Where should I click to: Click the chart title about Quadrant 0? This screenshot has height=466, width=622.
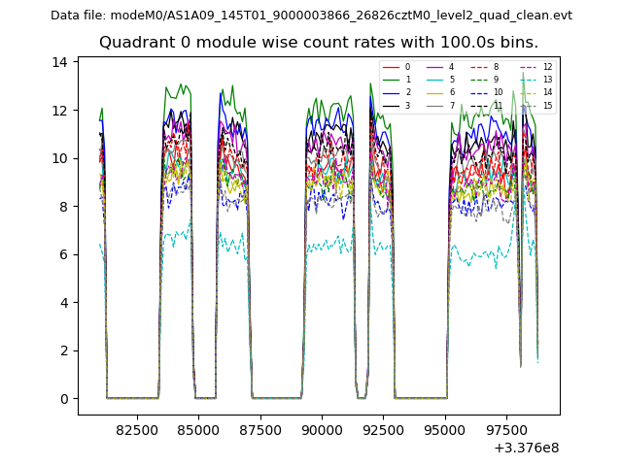pos(318,43)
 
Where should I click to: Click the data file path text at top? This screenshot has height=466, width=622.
pos(311,16)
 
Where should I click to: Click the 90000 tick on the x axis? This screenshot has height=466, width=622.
pos(322,428)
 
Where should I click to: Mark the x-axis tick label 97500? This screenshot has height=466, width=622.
pos(505,428)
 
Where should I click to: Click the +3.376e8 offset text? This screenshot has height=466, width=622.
pos(526,448)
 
